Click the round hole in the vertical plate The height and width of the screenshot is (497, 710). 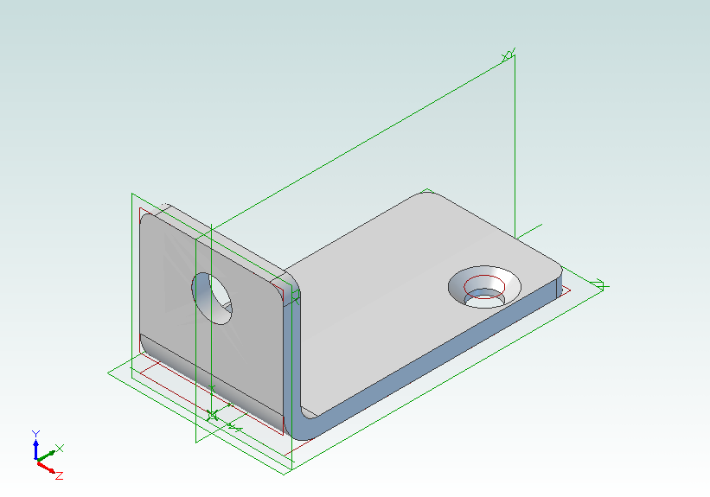click(x=213, y=298)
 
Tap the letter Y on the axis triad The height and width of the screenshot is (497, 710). click(x=35, y=433)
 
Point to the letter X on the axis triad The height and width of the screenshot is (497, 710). click(x=60, y=449)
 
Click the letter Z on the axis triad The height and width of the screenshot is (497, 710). click(x=59, y=475)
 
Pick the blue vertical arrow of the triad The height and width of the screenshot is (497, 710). click(x=35, y=449)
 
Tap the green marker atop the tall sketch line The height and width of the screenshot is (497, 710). click(x=509, y=56)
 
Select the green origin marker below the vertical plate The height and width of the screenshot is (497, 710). click(x=212, y=416)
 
